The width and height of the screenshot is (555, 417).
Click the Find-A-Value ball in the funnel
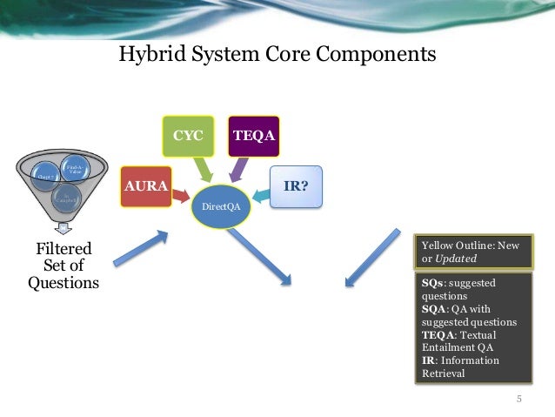[74, 167]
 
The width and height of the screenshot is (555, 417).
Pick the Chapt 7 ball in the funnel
[45, 174]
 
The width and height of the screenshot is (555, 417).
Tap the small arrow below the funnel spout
[59, 229]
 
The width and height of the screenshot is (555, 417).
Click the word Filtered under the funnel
[62, 251]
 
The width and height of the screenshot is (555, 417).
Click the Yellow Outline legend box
[470, 252]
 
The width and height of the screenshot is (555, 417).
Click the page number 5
[519, 400]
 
